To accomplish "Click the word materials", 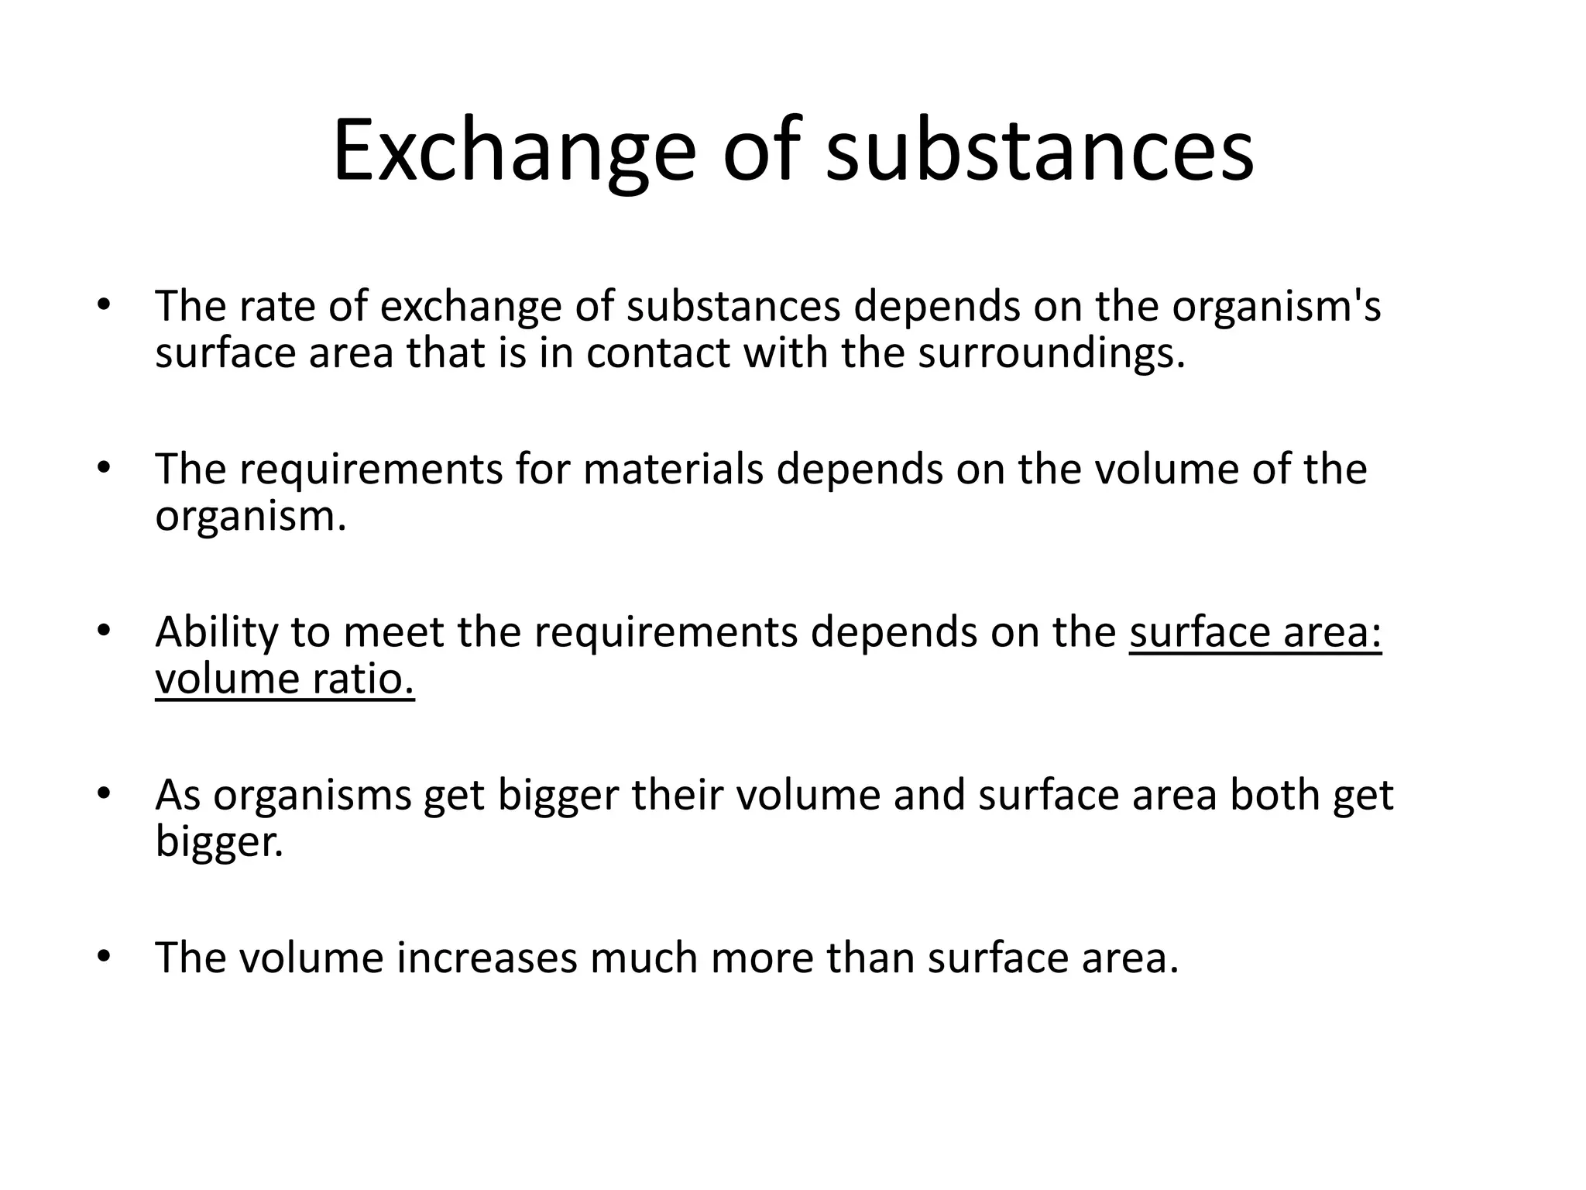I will click(x=673, y=469).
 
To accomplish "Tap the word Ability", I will click(x=216, y=633).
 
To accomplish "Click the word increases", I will click(x=487, y=958).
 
